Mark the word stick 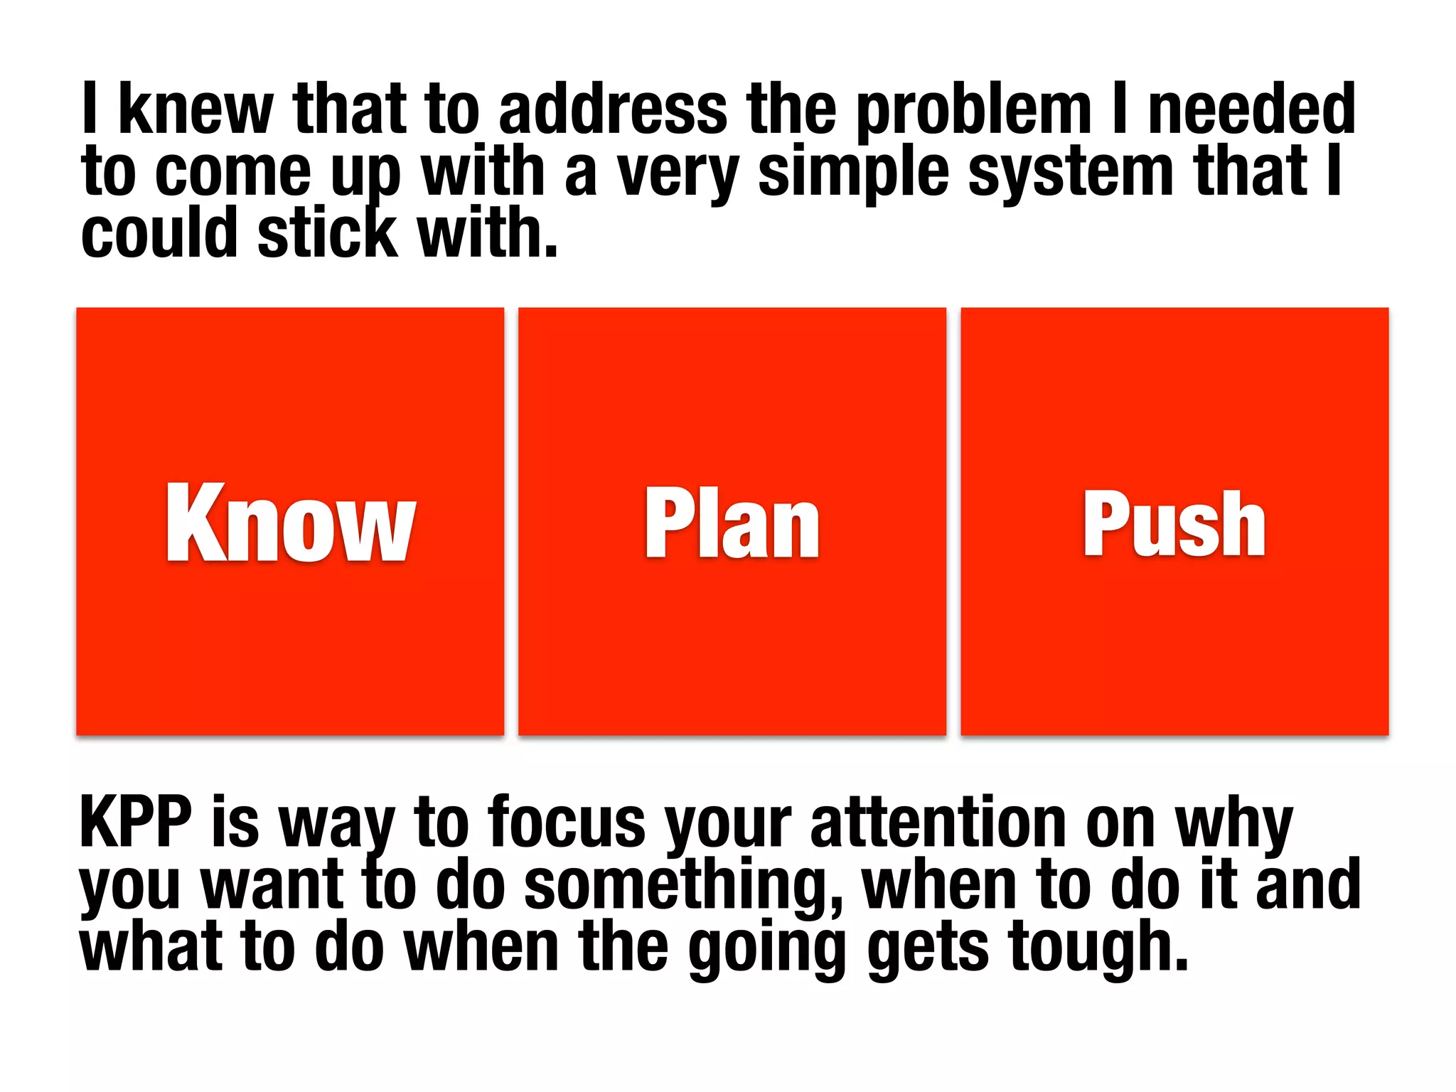click(x=327, y=233)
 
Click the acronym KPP click(x=136, y=822)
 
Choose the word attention click(x=938, y=822)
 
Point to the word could click(x=159, y=233)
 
